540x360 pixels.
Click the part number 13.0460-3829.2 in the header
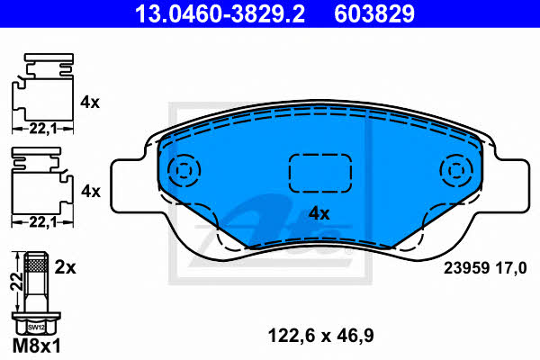pyautogui.click(x=220, y=13)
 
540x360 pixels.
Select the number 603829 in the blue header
pyautogui.click(x=374, y=13)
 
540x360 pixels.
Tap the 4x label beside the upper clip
pyautogui.click(x=90, y=103)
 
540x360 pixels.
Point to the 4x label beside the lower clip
pyautogui.click(x=91, y=191)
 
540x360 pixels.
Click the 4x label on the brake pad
pyautogui.click(x=319, y=213)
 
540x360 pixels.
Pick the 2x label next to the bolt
pyautogui.click(x=65, y=267)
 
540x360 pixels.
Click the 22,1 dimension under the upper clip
pyautogui.click(x=42, y=130)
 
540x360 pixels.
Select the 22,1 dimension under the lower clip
pyautogui.click(x=42, y=222)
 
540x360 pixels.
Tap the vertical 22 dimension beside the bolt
pyautogui.click(x=16, y=281)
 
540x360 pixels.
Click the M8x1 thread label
pyautogui.click(x=37, y=346)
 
